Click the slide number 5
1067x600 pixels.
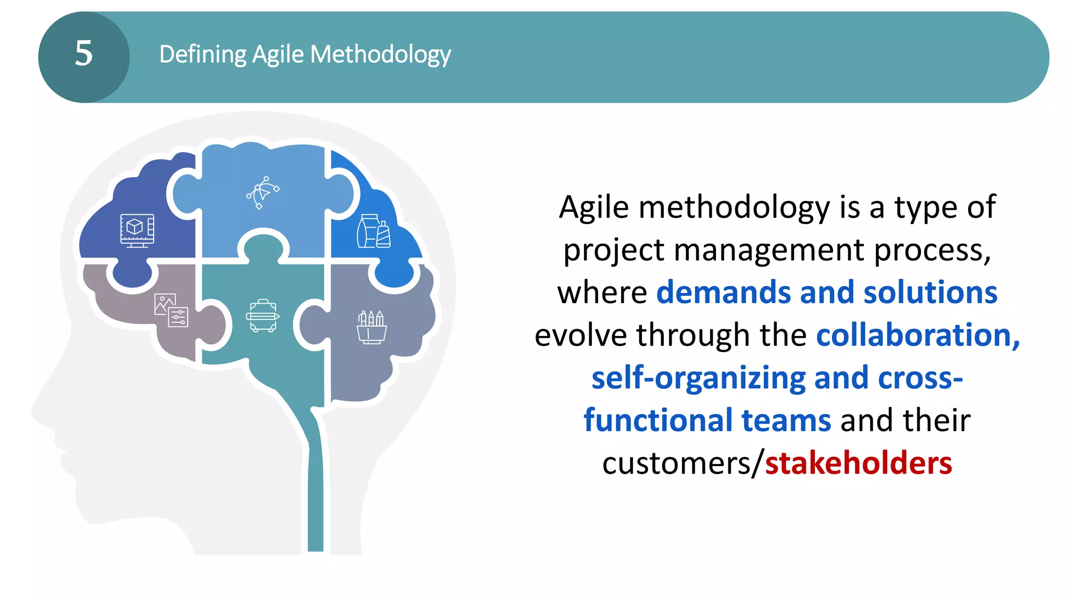tap(84, 54)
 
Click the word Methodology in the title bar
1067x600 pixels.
tap(380, 55)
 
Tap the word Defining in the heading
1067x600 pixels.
tap(203, 54)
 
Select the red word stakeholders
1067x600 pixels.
tap(858, 463)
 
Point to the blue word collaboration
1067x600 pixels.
tap(917, 335)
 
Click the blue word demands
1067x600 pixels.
tap(724, 292)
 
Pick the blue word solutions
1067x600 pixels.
tap(930, 292)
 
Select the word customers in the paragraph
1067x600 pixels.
tap(677, 463)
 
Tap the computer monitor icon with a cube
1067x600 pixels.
tap(137, 230)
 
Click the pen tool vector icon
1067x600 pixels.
tap(263, 192)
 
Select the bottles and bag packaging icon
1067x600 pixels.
tap(374, 231)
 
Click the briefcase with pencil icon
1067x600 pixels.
tap(263, 316)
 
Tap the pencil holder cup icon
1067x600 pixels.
tap(371, 327)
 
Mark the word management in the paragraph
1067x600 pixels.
tap(769, 251)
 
